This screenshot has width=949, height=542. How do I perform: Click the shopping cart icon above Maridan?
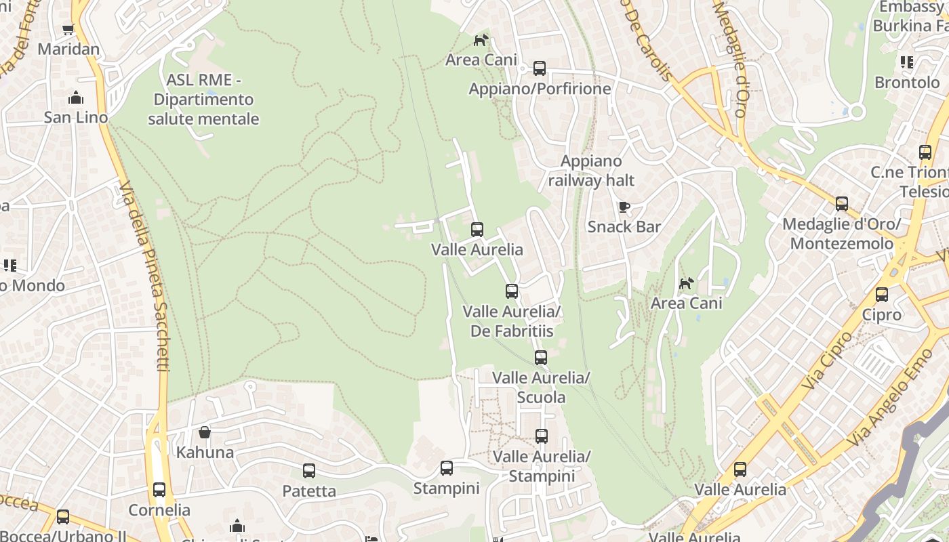68,29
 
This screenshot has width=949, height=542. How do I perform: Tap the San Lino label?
76,117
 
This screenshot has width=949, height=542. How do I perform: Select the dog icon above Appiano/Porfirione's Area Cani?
481,40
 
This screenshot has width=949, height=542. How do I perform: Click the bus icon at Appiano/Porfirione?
540,68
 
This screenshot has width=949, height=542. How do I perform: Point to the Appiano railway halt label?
591,171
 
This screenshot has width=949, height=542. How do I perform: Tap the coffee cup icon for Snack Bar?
624,207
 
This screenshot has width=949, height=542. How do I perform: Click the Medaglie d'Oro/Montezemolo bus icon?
841,203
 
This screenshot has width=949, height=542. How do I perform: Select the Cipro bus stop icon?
881,295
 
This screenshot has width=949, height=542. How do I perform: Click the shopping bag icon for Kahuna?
204,432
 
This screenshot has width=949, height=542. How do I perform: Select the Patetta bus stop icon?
309,470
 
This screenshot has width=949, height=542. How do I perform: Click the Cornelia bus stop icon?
159,489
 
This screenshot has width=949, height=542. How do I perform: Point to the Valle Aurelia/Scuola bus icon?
540,357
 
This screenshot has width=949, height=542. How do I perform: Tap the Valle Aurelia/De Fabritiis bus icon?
512,291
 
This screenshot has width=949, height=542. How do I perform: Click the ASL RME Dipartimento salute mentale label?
203,100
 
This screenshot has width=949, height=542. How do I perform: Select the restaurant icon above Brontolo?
907,62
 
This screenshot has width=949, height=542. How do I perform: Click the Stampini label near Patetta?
446,488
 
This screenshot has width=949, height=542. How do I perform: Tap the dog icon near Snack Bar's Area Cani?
687,283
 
